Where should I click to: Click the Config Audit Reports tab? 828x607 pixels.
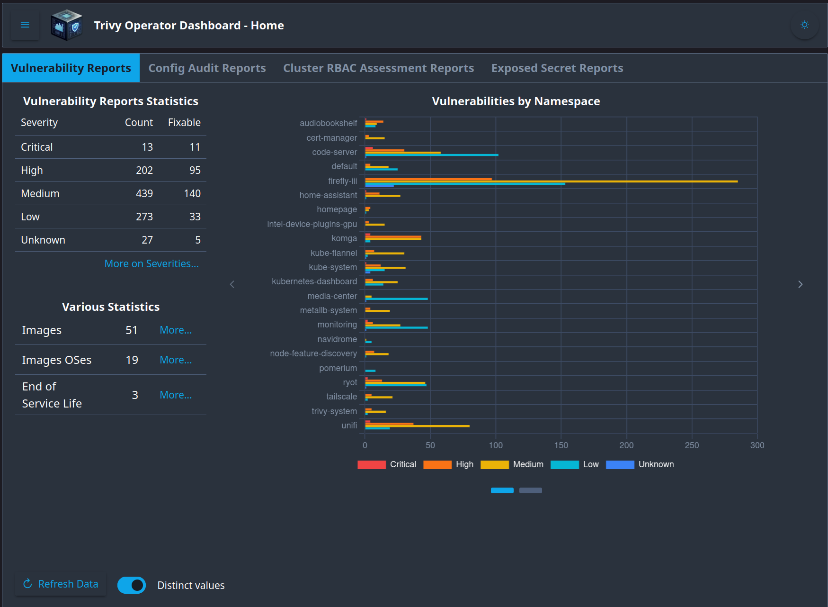click(x=207, y=68)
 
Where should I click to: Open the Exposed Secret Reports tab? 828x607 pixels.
click(x=557, y=68)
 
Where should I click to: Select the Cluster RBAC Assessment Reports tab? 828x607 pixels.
click(x=378, y=68)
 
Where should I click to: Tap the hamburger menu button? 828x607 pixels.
click(x=25, y=25)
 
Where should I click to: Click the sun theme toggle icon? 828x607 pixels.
click(x=804, y=25)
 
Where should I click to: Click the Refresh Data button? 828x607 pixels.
click(x=61, y=584)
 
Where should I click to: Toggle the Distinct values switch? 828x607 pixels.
click(x=132, y=585)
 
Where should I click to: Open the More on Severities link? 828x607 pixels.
click(x=151, y=264)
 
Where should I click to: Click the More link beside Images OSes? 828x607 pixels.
click(x=176, y=360)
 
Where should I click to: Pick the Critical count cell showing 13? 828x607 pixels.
click(x=147, y=147)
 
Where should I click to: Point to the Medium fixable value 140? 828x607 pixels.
click(x=192, y=194)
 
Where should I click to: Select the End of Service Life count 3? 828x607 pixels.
click(x=135, y=395)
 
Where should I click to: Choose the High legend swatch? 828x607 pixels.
click(x=437, y=465)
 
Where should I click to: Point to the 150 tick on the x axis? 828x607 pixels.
click(x=561, y=445)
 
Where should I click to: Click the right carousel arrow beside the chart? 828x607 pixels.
click(x=800, y=284)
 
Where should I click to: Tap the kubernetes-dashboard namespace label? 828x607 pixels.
click(x=314, y=281)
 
